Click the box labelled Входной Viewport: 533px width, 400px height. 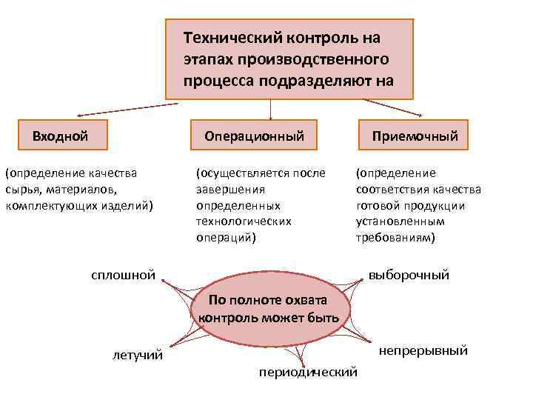coord(60,136)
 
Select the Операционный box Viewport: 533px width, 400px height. coord(254,136)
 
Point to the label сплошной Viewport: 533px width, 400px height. coord(123,276)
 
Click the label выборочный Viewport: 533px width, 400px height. coord(409,276)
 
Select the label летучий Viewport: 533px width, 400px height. coord(138,356)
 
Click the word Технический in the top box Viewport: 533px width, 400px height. coord(227,36)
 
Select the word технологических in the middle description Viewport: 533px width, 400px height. coord(243,221)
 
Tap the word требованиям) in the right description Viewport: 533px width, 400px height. coord(395,238)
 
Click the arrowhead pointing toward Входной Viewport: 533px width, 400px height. coord(79,116)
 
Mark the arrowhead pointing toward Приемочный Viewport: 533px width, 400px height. coord(420,115)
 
